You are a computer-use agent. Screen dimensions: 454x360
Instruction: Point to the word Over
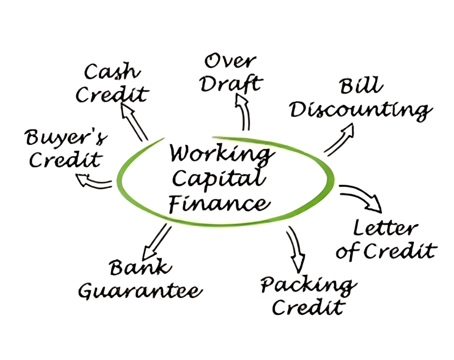click(x=230, y=61)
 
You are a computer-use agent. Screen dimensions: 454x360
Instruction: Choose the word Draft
click(x=230, y=83)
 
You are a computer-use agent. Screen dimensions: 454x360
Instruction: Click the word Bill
click(x=360, y=86)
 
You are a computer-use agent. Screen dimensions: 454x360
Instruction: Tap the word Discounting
click(x=361, y=110)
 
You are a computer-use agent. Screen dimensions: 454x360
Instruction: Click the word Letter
click(x=385, y=227)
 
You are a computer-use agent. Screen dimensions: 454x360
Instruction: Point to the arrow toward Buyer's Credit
click(x=96, y=181)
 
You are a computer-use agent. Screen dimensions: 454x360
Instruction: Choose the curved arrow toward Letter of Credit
click(x=361, y=197)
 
